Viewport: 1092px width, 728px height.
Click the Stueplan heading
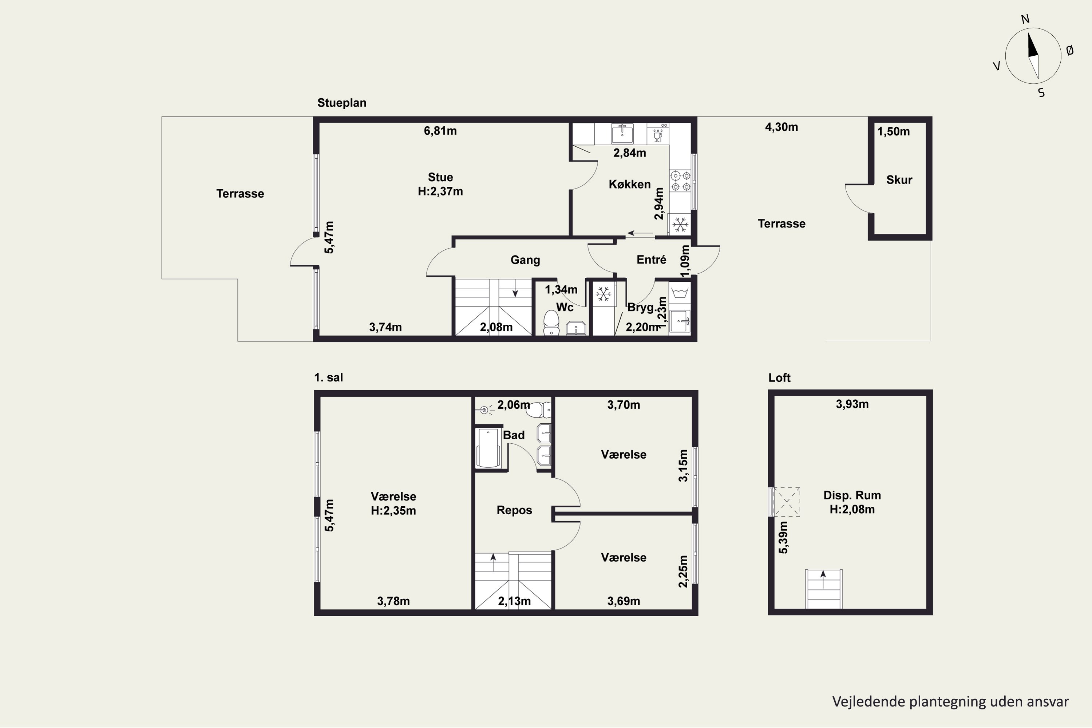pos(342,103)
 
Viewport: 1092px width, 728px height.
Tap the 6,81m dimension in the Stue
pos(440,131)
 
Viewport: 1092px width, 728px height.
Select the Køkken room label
pos(630,184)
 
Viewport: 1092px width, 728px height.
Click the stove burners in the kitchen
pos(680,181)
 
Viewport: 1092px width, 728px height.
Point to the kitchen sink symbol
pos(622,133)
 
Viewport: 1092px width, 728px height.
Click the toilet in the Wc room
pos(551,322)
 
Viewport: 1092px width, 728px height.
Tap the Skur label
pos(899,180)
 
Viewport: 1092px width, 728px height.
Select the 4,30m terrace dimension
pos(782,127)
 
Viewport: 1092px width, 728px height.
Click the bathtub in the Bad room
pos(488,448)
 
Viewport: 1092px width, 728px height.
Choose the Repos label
pos(514,510)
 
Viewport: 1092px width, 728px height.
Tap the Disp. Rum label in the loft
pos(852,495)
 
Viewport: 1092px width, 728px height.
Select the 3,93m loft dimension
pos(852,404)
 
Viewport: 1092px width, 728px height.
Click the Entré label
pos(652,260)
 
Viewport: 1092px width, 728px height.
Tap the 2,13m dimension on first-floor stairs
pos(514,601)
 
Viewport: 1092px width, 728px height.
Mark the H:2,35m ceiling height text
pos(393,511)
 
